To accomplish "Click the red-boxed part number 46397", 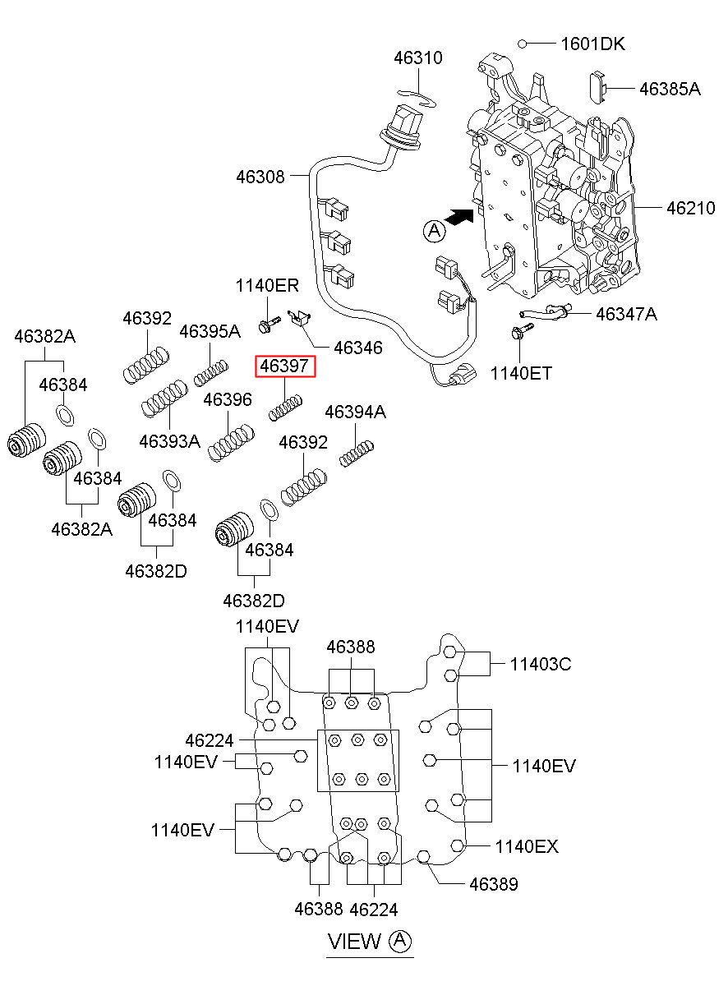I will click(x=286, y=366).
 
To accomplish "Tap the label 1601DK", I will click(x=592, y=44).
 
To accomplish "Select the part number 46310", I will click(x=417, y=58).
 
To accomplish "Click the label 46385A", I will click(x=670, y=90).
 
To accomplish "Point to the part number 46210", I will click(x=690, y=208).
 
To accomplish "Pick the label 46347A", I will click(x=626, y=314).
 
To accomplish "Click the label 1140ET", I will click(x=521, y=373).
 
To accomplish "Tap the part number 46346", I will click(x=355, y=348).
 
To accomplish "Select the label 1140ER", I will click(x=267, y=286).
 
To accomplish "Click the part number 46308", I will click(x=260, y=177).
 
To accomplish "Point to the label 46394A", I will click(x=355, y=412).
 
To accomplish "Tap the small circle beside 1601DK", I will click(x=523, y=44).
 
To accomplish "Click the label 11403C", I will click(x=540, y=663).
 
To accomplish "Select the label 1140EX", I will click(x=526, y=846).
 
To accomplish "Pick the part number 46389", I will click(x=494, y=884).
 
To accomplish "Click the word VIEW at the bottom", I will click(x=355, y=942).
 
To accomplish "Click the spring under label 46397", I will click(x=287, y=407).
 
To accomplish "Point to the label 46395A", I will click(x=210, y=331).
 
